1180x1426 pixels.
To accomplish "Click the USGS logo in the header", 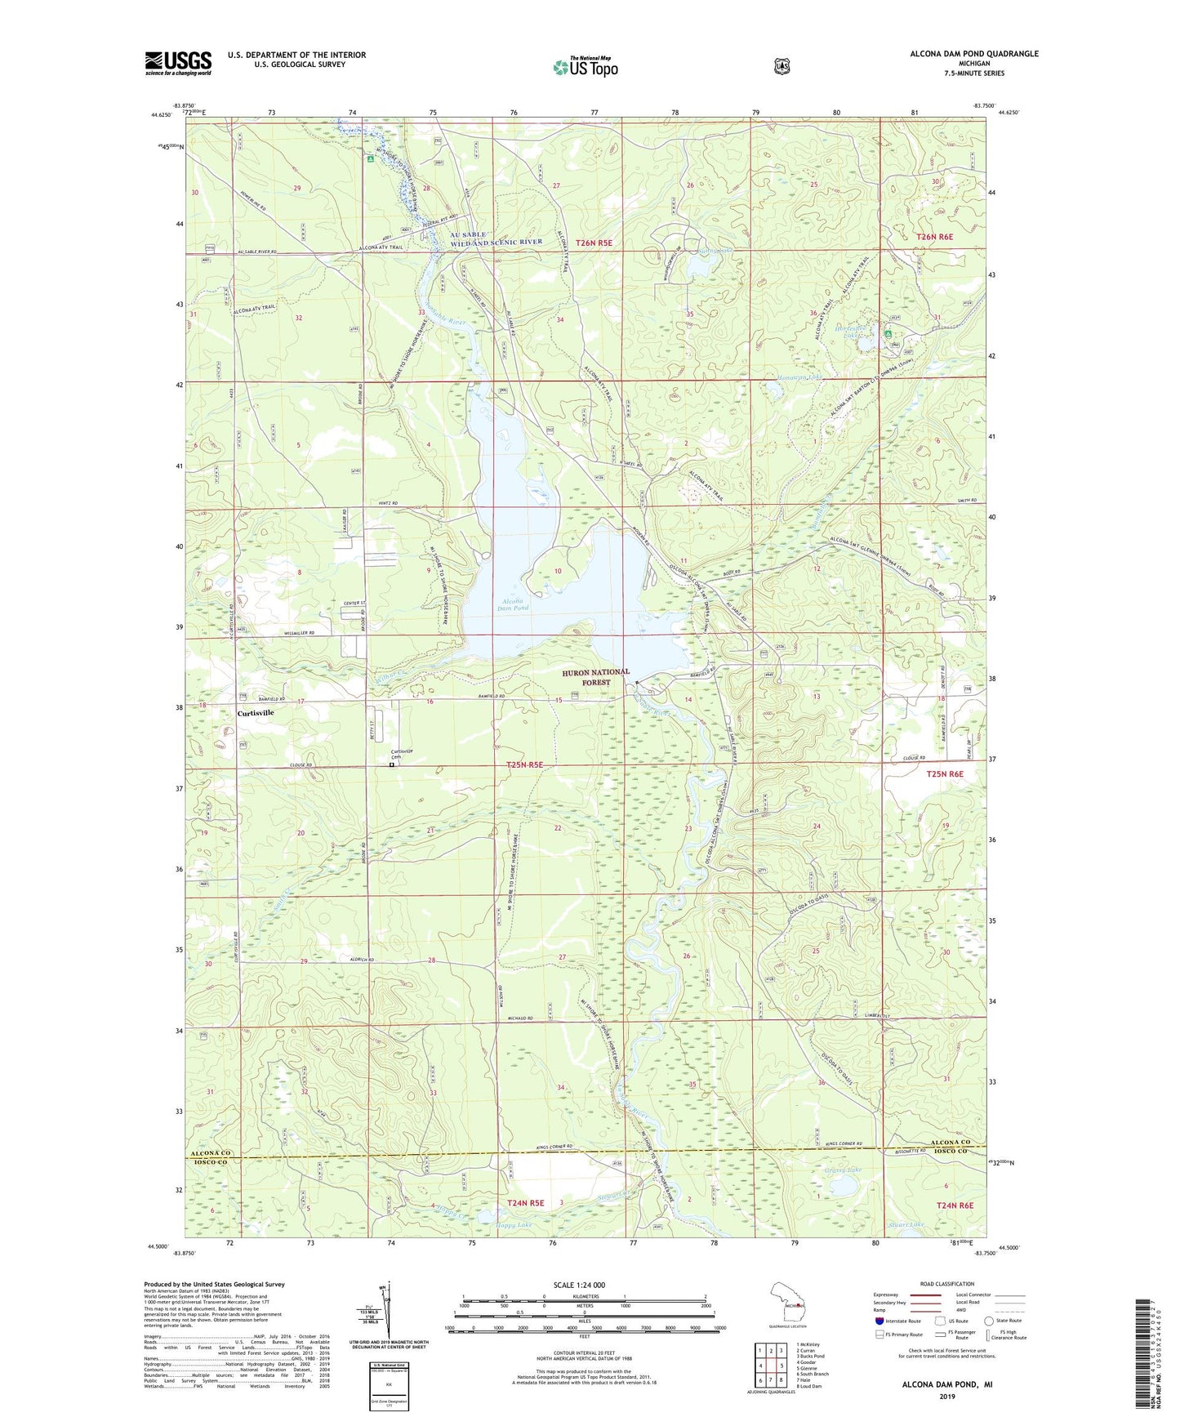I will pyautogui.click(x=178, y=63).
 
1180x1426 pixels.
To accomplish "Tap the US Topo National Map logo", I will pyautogui.click(x=586, y=66).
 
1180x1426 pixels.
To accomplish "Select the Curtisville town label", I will pyautogui.click(x=256, y=712).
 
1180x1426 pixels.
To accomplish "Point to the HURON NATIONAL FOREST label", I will pyautogui.click(x=595, y=676).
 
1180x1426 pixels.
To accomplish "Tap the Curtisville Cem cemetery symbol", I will pyautogui.click(x=391, y=765).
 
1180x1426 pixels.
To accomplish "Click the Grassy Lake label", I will pyautogui.click(x=843, y=1170).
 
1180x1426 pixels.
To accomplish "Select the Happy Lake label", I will pyautogui.click(x=514, y=1225).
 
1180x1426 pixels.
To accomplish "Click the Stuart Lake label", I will pyautogui.click(x=906, y=1224).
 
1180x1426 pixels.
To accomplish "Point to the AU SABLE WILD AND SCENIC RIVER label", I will pyautogui.click(x=496, y=238).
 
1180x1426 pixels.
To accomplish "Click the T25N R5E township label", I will pyautogui.click(x=524, y=765).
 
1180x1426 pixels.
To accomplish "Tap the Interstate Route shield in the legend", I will pyautogui.click(x=879, y=1321).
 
